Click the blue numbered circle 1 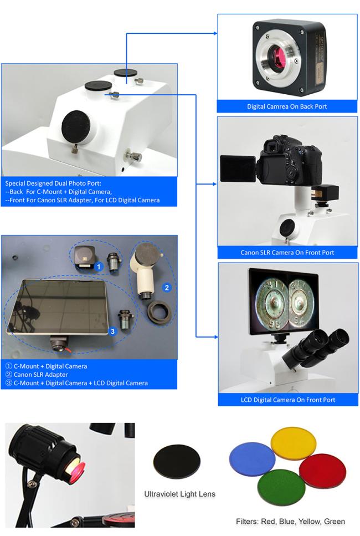(x=99, y=266)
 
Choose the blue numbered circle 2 (x=166, y=287)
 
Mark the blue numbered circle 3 (x=112, y=331)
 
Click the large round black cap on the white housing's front (x=76, y=124)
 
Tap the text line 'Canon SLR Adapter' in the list (x=38, y=374)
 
